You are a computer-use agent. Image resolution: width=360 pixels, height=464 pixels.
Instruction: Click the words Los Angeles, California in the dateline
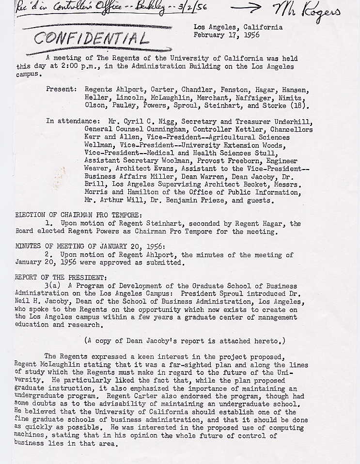coord(238,27)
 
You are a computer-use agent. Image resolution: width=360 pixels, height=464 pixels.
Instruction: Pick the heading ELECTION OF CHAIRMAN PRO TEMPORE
coord(78,215)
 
